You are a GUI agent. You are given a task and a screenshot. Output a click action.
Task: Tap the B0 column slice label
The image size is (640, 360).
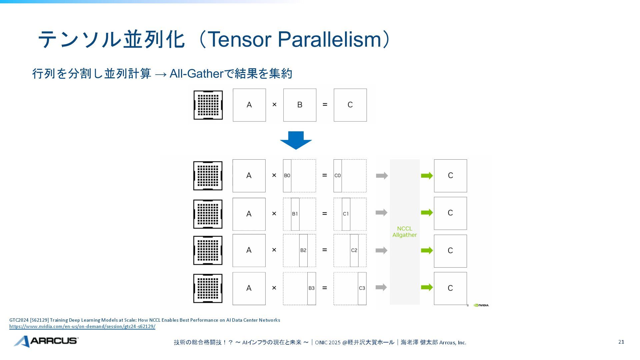click(287, 176)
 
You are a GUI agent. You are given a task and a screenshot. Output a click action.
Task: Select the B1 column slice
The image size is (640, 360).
click(295, 214)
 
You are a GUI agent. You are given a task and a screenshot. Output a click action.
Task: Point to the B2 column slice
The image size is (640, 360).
click(303, 250)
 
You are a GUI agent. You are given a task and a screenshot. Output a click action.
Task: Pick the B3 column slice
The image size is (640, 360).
click(311, 288)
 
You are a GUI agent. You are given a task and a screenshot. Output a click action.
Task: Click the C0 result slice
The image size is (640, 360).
click(337, 176)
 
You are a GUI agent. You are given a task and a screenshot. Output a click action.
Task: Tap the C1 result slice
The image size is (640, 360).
click(346, 214)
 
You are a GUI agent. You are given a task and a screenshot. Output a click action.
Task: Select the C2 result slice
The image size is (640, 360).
click(354, 250)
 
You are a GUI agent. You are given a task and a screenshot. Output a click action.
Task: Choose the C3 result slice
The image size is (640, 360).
click(362, 288)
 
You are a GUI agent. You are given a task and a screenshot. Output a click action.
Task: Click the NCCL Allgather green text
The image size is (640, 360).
click(405, 232)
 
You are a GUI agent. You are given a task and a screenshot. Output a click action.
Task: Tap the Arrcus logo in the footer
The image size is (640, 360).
click(46, 341)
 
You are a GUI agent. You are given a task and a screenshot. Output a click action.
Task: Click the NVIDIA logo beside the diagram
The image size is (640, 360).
click(481, 305)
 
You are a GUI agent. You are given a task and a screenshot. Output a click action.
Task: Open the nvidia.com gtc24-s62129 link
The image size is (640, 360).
click(82, 327)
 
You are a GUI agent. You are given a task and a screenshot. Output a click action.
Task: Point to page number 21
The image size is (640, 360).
click(621, 342)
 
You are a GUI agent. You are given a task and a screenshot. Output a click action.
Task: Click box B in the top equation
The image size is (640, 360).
click(300, 105)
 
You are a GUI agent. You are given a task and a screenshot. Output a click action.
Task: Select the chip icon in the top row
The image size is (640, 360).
click(208, 105)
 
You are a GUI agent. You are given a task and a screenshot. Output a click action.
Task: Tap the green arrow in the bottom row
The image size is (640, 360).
click(427, 287)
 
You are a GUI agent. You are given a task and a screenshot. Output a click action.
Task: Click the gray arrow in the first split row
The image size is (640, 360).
click(382, 176)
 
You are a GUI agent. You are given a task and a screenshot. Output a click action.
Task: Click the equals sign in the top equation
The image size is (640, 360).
click(325, 105)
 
